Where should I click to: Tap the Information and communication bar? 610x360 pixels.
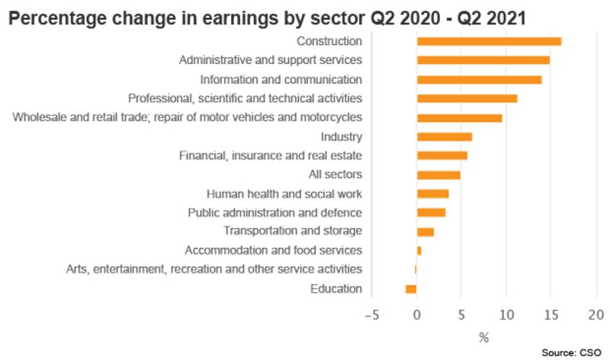(479, 79)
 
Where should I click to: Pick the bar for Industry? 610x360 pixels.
(445, 137)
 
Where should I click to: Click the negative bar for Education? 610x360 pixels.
(411, 288)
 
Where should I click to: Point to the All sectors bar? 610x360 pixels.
(438, 175)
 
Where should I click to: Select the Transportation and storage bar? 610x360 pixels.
(425, 231)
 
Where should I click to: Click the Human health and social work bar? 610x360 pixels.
(433, 194)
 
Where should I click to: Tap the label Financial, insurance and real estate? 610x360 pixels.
(270, 156)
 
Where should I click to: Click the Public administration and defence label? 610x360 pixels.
(274, 212)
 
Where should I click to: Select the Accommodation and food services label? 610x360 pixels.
(273, 250)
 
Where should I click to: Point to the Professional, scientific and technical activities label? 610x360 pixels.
(245, 98)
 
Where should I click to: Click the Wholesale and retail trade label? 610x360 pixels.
(188, 117)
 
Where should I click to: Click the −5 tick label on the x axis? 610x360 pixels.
(372, 314)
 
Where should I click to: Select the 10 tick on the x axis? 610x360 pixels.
(506, 314)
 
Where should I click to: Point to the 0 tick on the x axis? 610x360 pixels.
(417, 314)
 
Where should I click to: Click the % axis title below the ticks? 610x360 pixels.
(483, 336)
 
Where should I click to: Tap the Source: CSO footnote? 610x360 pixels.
(572, 352)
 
